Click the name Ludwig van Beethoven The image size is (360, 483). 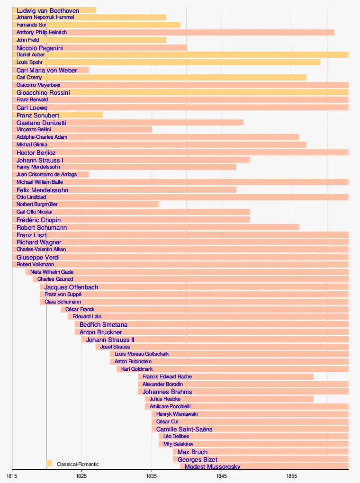coord(48,10)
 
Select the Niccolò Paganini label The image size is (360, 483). coord(40,48)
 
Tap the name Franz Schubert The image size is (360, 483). coord(38,115)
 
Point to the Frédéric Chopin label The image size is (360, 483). coord(38,220)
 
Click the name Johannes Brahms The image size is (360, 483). coord(167,392)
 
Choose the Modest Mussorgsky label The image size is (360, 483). coord(212,467)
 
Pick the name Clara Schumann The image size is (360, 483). coord(63,302)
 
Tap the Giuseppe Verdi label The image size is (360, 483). coord(38,258)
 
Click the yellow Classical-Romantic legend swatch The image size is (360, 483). coord(49,464)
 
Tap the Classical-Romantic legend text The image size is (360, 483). coord(78,464)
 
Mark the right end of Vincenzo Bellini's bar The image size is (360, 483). coord(152,130)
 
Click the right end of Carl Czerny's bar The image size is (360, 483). coord(306,78)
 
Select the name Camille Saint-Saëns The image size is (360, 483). coord(184,429)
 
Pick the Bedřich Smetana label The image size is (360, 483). coord(103,325)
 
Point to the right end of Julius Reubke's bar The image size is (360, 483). coord(313,399)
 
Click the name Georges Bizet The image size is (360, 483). coord(198,460)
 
